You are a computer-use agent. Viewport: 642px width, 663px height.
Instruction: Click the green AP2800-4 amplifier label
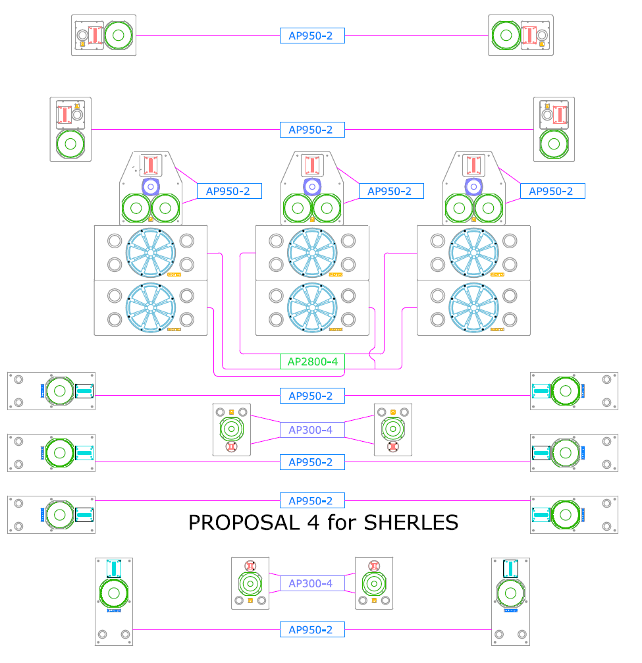point(312,361)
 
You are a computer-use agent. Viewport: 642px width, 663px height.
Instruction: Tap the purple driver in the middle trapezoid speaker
point(312,187)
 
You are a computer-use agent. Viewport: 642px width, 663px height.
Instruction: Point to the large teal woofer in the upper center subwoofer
point(312,252)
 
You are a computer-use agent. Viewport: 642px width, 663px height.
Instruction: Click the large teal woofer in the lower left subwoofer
point(151,307)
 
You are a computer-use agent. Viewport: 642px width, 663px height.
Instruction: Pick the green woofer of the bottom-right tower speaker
point(510,593)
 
